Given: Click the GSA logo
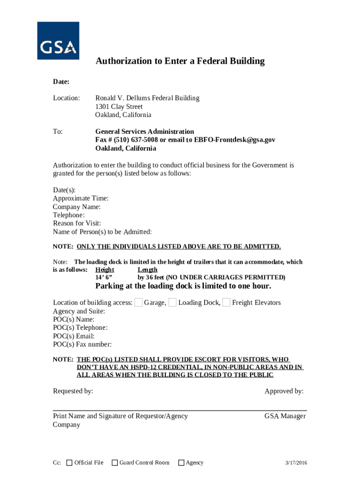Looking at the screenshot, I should click(58, 41).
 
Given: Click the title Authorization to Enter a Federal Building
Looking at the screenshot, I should click(180, 61).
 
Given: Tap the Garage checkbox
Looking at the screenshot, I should click(138, 303).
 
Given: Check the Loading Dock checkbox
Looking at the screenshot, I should click(173, 303).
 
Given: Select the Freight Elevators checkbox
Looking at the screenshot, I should click(226, 303).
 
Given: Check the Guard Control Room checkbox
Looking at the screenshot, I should click(115, 463).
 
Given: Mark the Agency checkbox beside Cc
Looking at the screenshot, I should click(181, 463).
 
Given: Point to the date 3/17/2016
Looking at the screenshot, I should click(296, 463).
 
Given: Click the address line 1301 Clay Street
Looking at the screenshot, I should click(119, 107).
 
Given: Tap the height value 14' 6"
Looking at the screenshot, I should click(104, 277).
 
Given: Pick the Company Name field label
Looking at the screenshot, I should click(77, 207).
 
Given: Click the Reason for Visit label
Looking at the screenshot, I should click(77, 224).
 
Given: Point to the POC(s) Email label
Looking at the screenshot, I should click(73, 336).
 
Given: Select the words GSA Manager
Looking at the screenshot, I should click(285, 416).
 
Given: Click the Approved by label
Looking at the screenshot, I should click(284, 391).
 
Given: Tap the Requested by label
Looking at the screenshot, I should click(73, 391).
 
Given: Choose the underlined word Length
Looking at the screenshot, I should click(147, 270).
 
